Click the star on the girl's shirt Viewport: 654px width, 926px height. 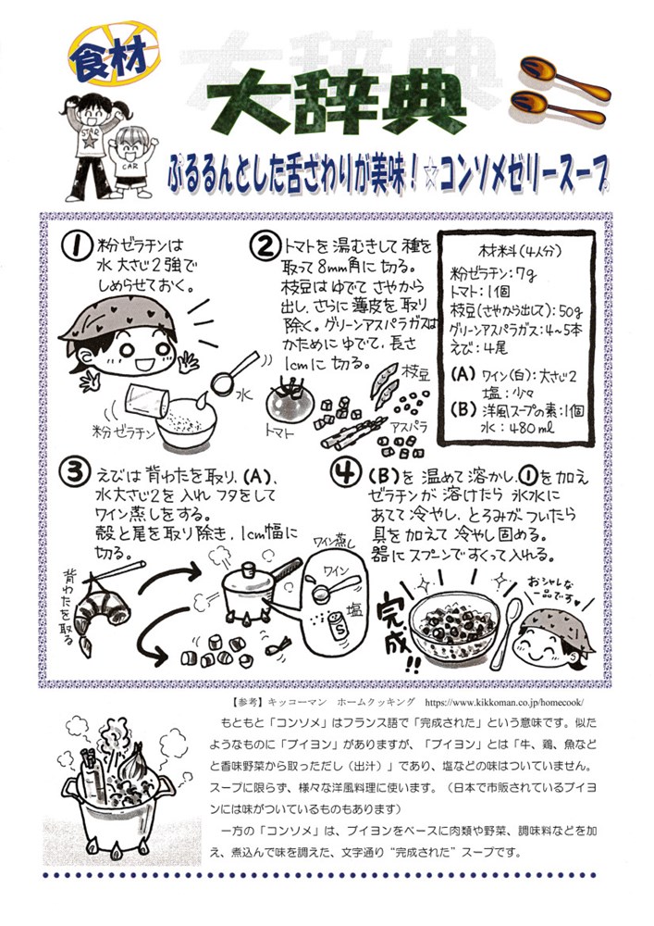(x=90, y=141)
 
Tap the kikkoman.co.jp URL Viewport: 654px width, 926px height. (x=503, y=703)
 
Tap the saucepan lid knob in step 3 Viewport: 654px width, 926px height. (x=248, y=569)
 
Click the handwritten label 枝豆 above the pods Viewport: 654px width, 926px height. (x=415, y=372)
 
